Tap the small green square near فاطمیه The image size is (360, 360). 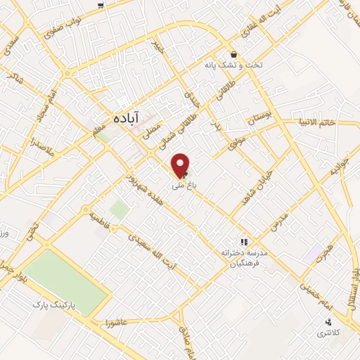tap(120, 209)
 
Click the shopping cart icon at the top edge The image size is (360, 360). tap(101, 5)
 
